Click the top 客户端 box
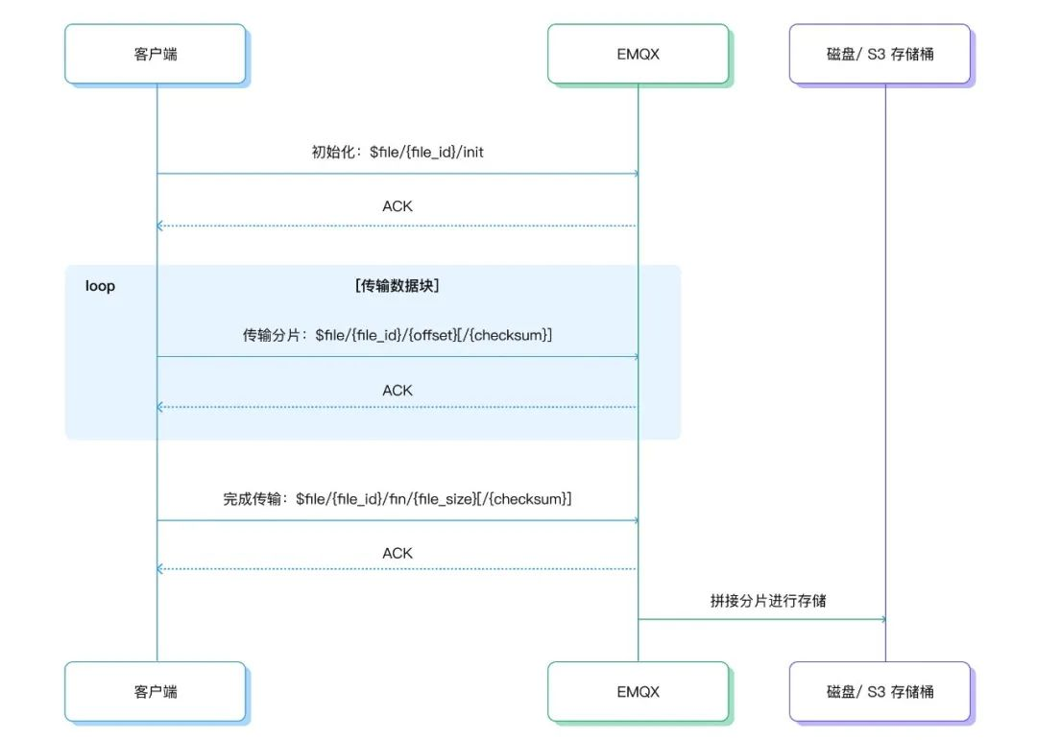coord(156,54)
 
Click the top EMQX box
coord(638,54)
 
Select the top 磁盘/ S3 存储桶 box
coord(880,54)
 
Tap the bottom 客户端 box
coord(156,691)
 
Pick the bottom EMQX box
coord(638,691)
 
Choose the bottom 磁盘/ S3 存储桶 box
coord(880,691)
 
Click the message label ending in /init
coord(398,152)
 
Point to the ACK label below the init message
coord(398,206)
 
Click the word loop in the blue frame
coord(100,286)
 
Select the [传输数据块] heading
coord(398,286)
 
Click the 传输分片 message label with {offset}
coord(398,335)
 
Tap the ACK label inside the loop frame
coord(398,391)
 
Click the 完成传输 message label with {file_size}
coord(398,499)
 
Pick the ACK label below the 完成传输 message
coord(398,554)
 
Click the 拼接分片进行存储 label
coord(768,601)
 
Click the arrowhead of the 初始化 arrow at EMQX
coord(635,174)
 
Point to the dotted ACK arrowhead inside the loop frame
coord(160,407)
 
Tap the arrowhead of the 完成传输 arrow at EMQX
coord(635,521)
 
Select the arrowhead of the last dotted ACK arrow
coord(160,569)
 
